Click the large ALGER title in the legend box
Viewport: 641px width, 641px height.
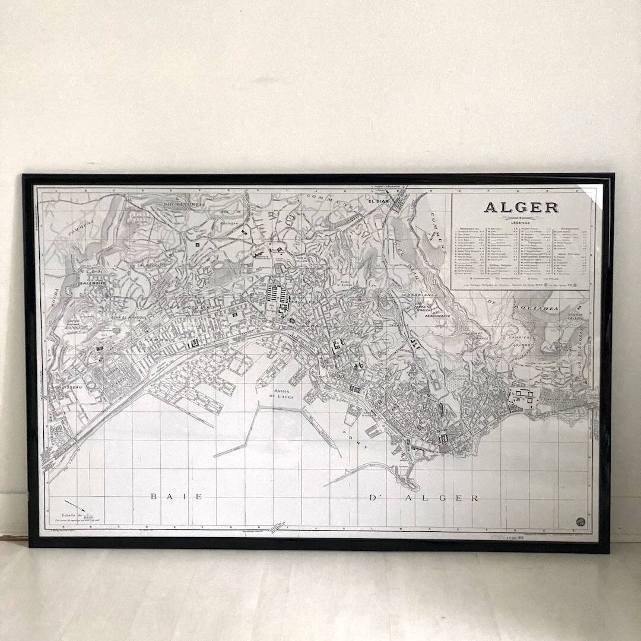pos(521,207)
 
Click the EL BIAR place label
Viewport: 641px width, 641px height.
pos(377,201)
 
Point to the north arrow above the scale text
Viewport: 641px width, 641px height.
pos(76,504)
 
